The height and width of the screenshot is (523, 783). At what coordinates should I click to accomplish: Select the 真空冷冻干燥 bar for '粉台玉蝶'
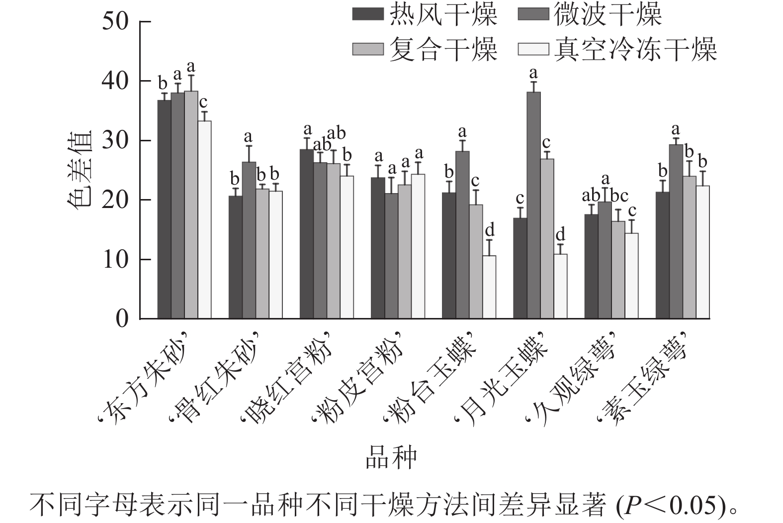coord(489,287)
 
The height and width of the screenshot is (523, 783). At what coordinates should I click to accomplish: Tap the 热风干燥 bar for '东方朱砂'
coord(164,209)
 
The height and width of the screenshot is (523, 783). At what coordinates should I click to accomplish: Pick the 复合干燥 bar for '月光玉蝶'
coord(547,239)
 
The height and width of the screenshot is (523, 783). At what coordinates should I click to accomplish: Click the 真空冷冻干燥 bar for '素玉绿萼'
coord(702,252)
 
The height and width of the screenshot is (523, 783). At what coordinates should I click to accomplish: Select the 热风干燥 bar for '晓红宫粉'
coord(306,234)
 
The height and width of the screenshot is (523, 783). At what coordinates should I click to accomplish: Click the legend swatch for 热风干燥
coord(368,14)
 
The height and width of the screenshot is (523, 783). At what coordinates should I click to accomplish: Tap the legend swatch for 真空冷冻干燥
coord(533,49)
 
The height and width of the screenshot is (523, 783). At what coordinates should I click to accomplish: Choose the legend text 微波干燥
coord(608,14)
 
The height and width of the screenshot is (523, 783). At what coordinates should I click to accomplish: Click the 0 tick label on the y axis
coord(122,318)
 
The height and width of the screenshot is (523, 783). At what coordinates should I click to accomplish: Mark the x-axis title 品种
coord(391,458)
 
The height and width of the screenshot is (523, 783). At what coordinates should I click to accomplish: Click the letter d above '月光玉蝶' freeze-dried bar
coord(560,234)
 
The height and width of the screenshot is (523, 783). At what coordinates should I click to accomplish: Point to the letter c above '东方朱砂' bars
coord(203,102)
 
